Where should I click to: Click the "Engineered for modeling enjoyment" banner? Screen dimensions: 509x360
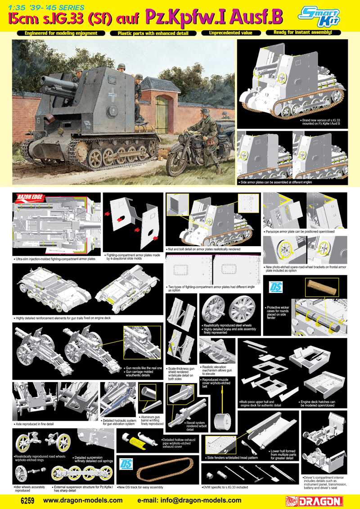click(x=61, y=33)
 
